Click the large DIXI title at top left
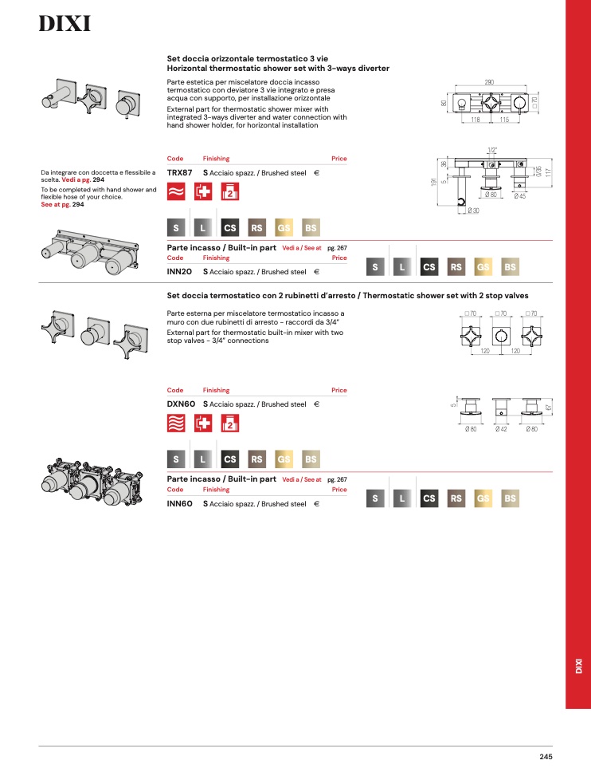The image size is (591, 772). (x=65, y=24)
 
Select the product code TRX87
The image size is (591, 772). (x=179, y=173)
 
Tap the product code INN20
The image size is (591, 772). (x=179, y=272)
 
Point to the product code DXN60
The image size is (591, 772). (x=181, y=404)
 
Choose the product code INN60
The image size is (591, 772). (x=179, y=504)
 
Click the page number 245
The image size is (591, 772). (x=546, y=757)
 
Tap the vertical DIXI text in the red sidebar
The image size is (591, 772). (x=579, y=666)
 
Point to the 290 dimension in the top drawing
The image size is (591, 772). (x=489, y=82)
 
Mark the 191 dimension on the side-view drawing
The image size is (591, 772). (x=433, y=182)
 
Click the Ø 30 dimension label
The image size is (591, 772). (x=473, y=211)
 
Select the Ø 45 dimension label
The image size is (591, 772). (x=519, y=196)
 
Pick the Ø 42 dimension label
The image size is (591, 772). (x=501, y=429)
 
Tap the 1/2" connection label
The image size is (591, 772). (x=492, y=150)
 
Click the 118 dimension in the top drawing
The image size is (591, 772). (x=476, y=120)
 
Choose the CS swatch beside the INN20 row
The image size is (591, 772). (x=429, y=267)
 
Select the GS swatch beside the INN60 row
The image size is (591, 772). (x=483, y=498)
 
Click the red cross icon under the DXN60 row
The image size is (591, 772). (x=203, y=423)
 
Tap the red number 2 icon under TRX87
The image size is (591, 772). (x=230, y=191)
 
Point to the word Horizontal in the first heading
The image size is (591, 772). (x=186, y=69)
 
